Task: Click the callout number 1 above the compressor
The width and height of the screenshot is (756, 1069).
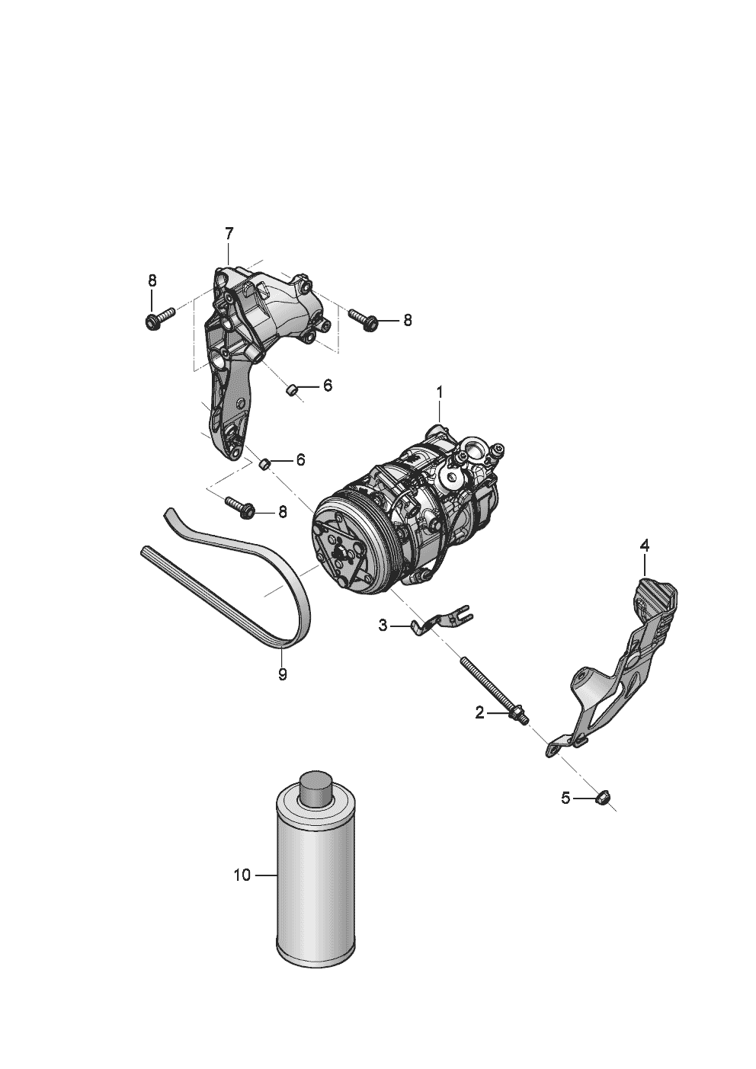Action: pos(439,392)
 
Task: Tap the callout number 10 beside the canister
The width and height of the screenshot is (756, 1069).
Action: pos(242,875)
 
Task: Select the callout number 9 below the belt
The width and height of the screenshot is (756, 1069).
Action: pos(282,674)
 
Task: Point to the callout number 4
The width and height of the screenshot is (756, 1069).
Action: pos(644,545)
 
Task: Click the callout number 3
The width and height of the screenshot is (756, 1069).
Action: pos(383,626)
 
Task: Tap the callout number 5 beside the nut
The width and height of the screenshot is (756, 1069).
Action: pos(565,799)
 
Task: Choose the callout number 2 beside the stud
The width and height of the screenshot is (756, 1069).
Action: pos(479,712)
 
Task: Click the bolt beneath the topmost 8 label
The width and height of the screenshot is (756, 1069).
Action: pos(158,317)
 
